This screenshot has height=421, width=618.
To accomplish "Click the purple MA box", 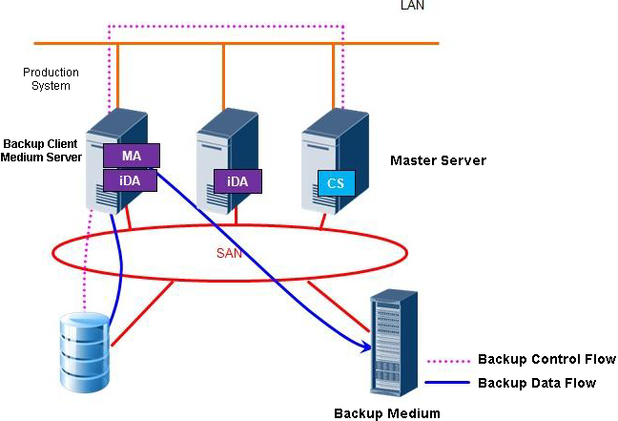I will point(132,156).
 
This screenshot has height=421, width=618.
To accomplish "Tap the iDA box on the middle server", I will point(237,181).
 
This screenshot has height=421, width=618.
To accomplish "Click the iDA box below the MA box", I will point(132,179).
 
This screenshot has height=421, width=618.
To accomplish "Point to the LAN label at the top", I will point(413,6).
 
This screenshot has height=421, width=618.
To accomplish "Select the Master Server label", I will point(438,160).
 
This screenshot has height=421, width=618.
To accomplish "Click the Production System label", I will point(51,79).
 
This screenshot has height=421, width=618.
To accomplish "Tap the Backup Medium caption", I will point(387,413).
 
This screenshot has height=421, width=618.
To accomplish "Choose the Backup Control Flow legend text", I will point(546,360).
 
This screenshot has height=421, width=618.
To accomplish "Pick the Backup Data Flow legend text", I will point(536,384).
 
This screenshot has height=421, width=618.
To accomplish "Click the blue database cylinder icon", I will point(80,348).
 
